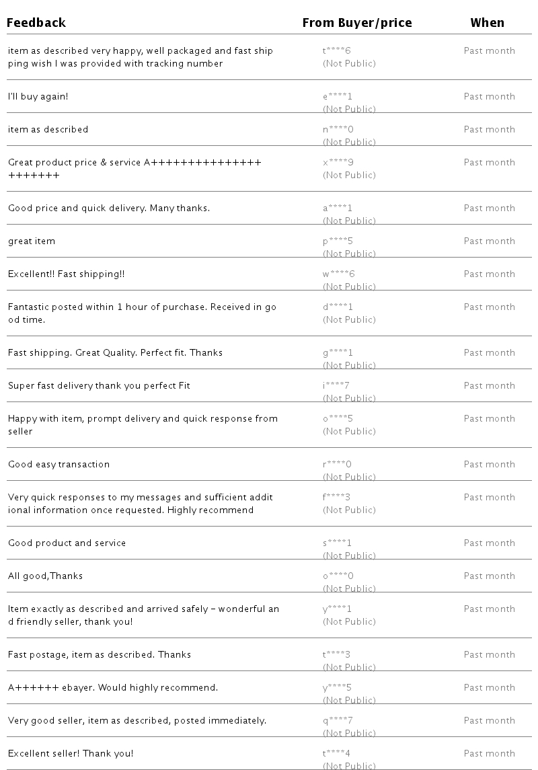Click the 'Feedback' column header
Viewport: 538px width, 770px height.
(x=36, y=23)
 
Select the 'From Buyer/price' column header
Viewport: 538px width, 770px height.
(x=356, y=23)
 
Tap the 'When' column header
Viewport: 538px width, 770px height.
(x=487, y=23)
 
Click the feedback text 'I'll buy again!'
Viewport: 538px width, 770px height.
(x=38, y=97)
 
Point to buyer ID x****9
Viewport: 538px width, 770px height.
(x=338, y=163)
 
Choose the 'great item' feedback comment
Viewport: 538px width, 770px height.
(x=32, y=241)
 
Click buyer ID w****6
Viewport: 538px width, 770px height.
(x=338, y=274)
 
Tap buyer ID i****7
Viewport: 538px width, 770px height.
(x=336, y=386)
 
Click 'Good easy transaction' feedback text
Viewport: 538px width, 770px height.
(x=59, y=465)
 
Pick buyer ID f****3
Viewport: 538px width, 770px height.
(x=337, y=498)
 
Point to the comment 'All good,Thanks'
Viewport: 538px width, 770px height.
(x=45, y=576)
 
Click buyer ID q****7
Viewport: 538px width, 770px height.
(x=338, y=721)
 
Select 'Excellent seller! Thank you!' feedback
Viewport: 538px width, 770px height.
(x=71, y=754)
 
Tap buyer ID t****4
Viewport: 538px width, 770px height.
(x=337, y=754)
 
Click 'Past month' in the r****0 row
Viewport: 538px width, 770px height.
(x=489, y=465)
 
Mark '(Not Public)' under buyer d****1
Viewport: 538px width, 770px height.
(x=349, y=320)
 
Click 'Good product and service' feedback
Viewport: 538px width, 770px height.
(x=67, y=543)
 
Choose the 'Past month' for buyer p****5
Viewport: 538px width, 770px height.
(x=489, y=241)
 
